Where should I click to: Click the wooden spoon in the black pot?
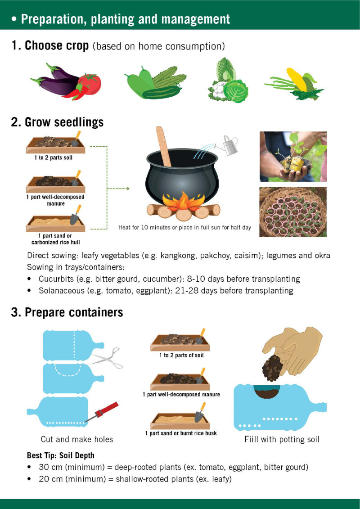[x=164, y=146]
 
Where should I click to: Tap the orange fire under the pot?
[x=184, y=201]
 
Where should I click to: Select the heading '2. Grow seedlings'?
[x=58, y=122]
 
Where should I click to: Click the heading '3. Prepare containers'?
[x=67, y=312]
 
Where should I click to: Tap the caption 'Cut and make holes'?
[x=77, y=439]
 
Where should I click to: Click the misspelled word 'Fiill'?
[x=251, y=440]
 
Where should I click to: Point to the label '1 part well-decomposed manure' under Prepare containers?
[x=181, y=394]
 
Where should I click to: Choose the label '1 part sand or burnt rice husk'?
[x=181, y=433]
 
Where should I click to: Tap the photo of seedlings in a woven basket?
[x=293, y=212]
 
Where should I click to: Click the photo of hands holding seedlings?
[x=293, y=157]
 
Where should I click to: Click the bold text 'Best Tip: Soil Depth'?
[x=60, y=455]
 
